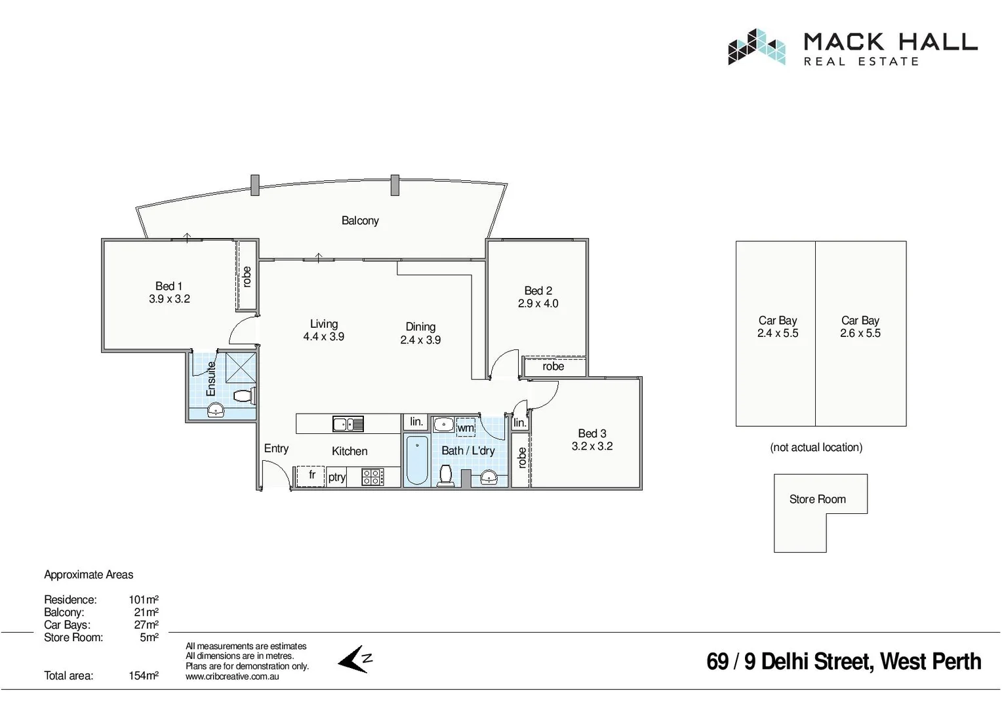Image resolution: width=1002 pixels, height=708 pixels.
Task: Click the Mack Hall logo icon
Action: coord(756,47)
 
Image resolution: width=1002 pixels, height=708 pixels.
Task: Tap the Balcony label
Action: coord(360,221)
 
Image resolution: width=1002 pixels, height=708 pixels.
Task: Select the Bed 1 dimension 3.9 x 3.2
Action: coord(169,299)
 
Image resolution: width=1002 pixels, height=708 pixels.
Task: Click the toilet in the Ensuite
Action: coord(244,396)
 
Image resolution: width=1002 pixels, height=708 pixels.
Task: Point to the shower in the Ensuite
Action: coord(241,367)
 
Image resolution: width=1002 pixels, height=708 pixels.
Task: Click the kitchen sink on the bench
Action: coord(348,424)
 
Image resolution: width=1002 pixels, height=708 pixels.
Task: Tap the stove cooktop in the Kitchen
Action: coord(372,477)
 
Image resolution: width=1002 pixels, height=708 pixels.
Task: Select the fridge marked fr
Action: coord(311,475)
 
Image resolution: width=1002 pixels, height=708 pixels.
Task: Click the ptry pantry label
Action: coord(337,477)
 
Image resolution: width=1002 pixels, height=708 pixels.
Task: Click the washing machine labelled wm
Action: coord(466,428)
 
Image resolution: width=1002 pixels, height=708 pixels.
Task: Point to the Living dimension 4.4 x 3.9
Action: coord(323,337)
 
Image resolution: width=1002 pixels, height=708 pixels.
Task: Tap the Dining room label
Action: coord(420,326)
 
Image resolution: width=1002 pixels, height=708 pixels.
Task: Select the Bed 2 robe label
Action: coord(553,366)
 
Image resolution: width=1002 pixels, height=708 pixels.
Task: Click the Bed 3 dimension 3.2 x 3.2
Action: coord(592,446)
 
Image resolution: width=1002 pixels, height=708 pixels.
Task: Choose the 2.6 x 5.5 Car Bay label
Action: coord(860,333)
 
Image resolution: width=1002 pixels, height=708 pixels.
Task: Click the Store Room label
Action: coord(817,500)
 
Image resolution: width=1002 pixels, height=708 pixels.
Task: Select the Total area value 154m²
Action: coord(144,676)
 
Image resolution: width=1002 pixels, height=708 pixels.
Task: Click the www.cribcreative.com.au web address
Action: coord(232,677)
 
